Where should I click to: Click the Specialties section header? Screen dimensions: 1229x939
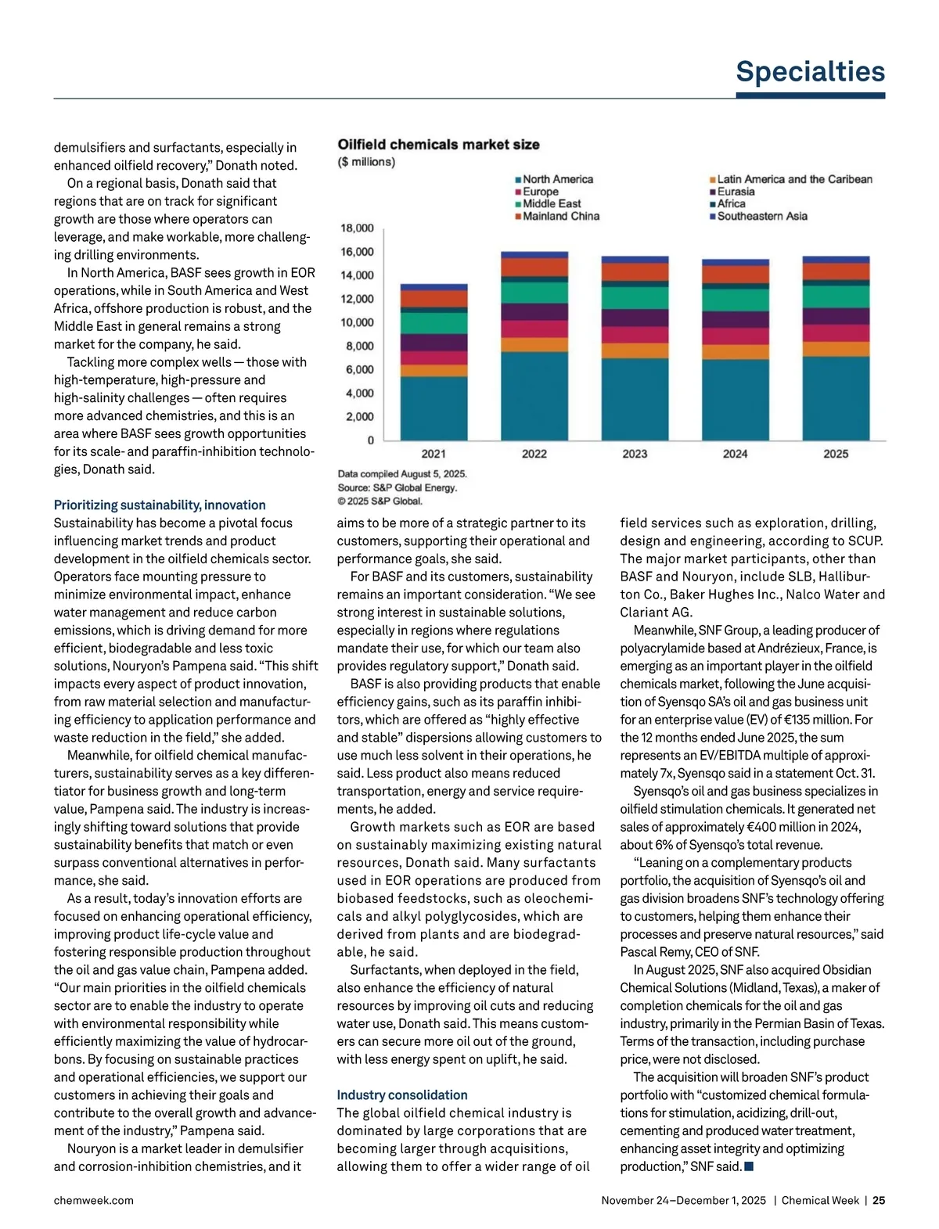[810, 72]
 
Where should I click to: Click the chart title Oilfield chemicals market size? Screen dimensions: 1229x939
[438, 145]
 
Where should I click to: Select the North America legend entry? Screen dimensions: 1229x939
[557, 179]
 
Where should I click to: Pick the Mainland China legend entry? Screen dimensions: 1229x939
[560, 216]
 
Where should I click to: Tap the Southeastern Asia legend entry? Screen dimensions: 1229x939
[761, 216]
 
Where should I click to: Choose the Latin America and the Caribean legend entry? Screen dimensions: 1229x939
[793, 179]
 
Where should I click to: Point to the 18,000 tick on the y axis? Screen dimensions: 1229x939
[357, 228]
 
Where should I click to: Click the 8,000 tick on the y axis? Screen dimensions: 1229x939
[360, 346]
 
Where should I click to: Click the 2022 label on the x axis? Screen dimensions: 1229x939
[534, 454]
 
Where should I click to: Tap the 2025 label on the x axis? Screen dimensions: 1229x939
[836, 454]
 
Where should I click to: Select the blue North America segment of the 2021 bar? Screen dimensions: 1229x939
[434, 408]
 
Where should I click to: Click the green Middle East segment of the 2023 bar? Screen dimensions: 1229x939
[635, 297]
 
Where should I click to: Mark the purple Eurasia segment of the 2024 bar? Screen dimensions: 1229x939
[736, 320]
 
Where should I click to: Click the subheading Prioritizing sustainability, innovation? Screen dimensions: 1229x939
[160, 505]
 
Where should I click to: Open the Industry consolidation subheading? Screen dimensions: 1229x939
[402, 1095]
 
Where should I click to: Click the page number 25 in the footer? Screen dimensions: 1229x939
[879, 1200]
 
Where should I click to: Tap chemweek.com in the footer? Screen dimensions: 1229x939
[93, 1200]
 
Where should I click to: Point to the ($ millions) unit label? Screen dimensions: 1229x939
[366, 162]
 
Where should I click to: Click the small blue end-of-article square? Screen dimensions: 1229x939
[749, 1166]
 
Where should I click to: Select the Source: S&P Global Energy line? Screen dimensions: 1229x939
[397, 487]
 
